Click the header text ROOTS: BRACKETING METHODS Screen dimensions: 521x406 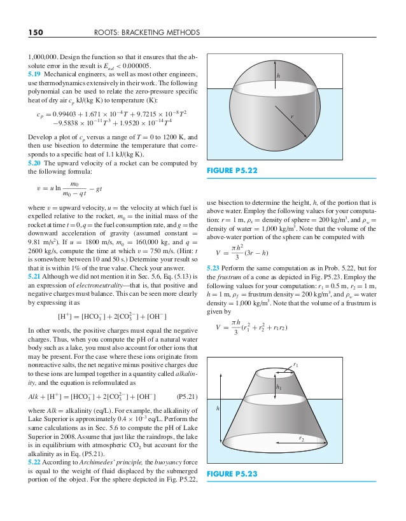147,32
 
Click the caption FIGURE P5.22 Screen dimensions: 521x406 232,170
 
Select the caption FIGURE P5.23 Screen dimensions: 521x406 232,474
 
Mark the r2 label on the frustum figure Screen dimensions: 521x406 301,438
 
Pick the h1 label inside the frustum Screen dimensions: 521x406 279,387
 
